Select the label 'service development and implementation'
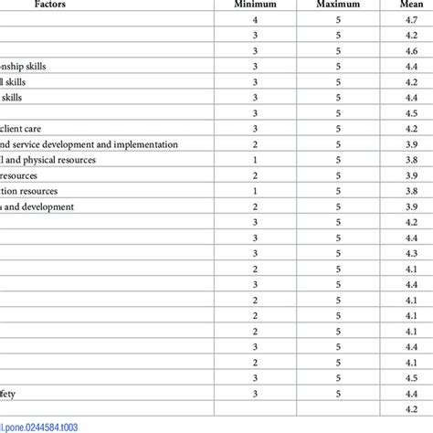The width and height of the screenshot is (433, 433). click(x=64, y=144)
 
